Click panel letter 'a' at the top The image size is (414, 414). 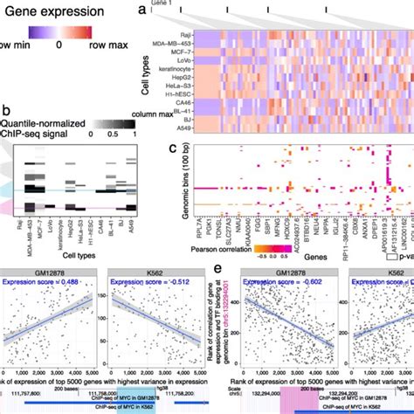tap(141, 10)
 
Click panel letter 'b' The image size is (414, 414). tap(6, 111)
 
